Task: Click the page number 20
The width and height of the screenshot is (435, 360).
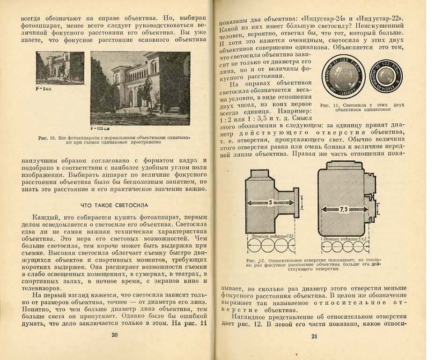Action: pyautogui.click(x=114, y=335)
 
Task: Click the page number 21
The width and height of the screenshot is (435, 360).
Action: pyautogui.click(x=315, y=336)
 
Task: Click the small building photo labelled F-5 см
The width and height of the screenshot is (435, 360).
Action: pyautogui.click(x=59, y=67)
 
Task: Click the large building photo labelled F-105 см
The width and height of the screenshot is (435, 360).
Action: pyautogui.click(x=140, y=88)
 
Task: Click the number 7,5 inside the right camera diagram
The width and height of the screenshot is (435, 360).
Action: pyautogui.click(x=344, y=208)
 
